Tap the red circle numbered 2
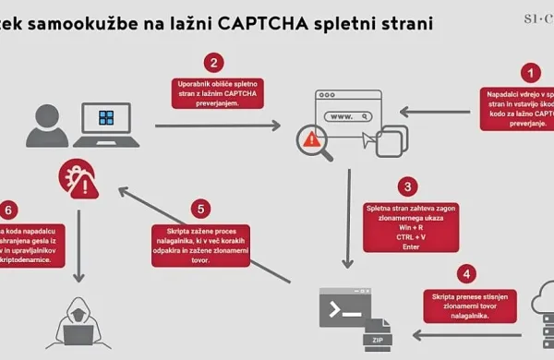click(x=213, y=63)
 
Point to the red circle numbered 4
click(x=467, y=274)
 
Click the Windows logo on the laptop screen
click(x=107, y=118)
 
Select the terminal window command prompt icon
click(x=343, y=306)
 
